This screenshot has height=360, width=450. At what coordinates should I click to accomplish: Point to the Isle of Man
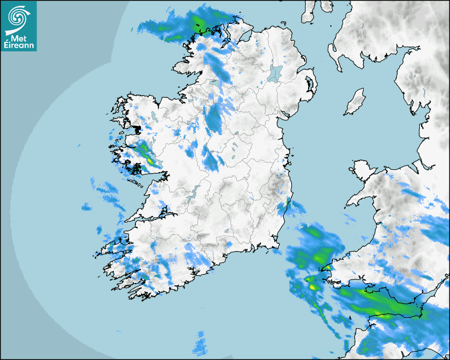tap(355, 102)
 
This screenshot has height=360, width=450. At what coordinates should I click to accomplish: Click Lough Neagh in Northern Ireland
tap(275, 73)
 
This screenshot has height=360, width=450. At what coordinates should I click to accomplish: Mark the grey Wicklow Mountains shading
tap(275, 185)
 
